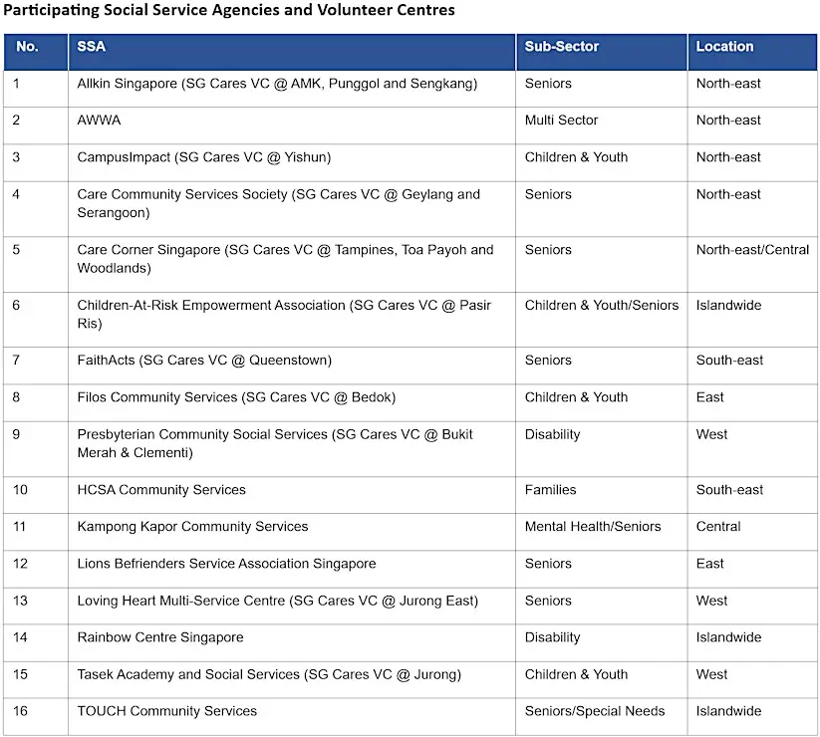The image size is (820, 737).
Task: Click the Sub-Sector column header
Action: pyautogui.click(x=562, y=47)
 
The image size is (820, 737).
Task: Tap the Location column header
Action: pyautogui.click(x=724, y=47)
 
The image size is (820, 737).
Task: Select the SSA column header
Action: pyautogui.click(x=91, y=47)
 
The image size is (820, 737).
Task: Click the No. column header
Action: pyautogui.click(x=27, y=47)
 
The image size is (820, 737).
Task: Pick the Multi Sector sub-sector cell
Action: pyautogui.click(x=561, y=121)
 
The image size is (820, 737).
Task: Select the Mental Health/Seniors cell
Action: pyautogui.click(x=593, y=527)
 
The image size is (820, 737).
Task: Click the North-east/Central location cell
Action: pyautogui.click(x=752, y=250)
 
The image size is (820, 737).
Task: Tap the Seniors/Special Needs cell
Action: pyautogui.click(x=595, y=711)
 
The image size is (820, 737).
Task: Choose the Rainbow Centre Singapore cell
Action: pyautogui.click(x=160, y=637)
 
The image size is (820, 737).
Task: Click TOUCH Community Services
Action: pyautogui.click(x=167, y=711)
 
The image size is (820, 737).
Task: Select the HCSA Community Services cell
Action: pyautogui.click(x=161, y=490)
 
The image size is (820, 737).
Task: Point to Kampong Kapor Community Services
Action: pyautogui.click(x=192, y=527)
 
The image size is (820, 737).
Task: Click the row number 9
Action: pyautogui.click(x=17, y=434)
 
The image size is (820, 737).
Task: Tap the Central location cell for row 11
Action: pyautogui.click(x=718, y=527)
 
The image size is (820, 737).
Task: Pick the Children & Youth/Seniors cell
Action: pyautogui.click(x=602, y=306)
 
